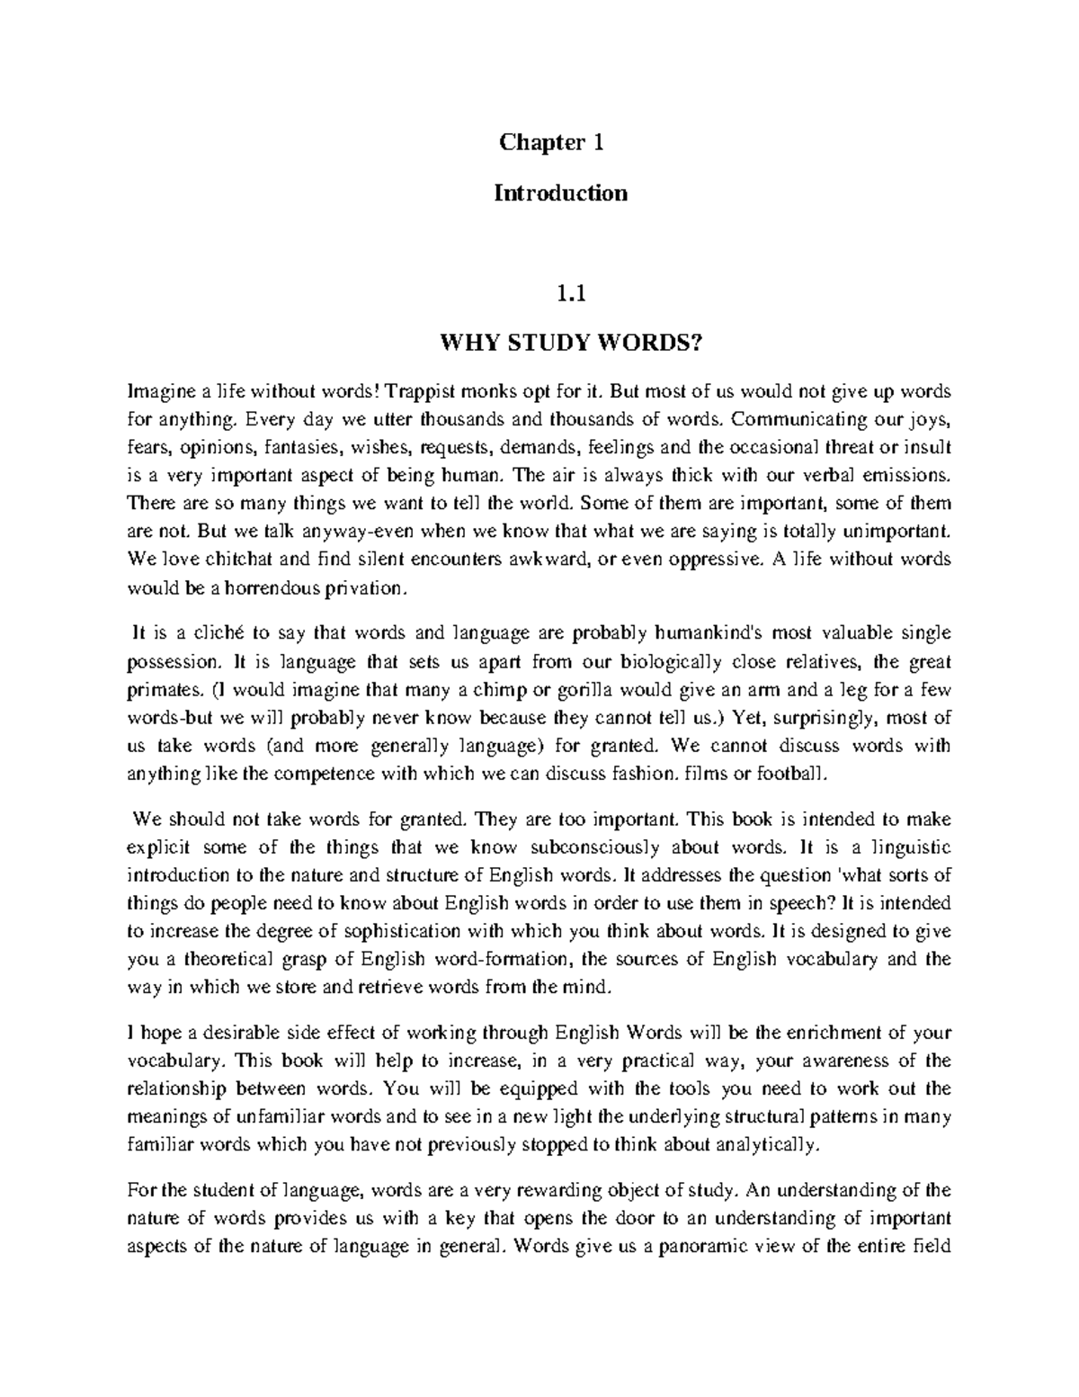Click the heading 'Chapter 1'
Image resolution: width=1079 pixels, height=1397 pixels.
[x=539, y=142]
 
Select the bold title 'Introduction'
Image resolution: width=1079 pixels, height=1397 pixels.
[x=560, y=193]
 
